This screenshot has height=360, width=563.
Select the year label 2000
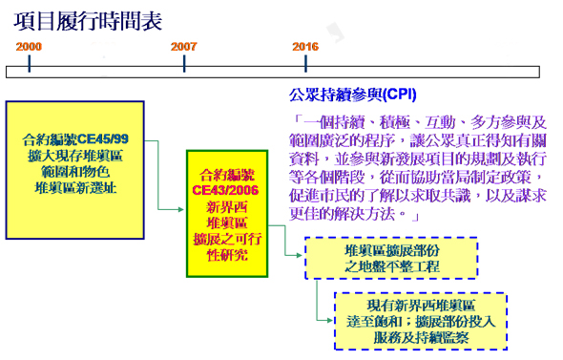30,46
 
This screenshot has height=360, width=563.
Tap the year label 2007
184,46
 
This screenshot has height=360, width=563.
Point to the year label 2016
305,46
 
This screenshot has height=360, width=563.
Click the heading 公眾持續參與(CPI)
352,95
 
